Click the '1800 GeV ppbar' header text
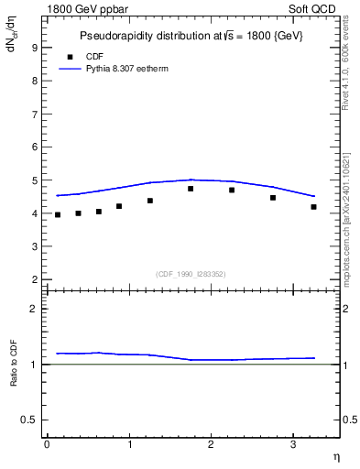pyautogui.click(x=85, y=10)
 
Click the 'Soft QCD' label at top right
pyautogui.click(x=314, y=10)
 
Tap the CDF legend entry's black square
pyautogui.click(x=70, y=56)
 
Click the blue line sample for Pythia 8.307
pyautogui.click(x=70, y=69)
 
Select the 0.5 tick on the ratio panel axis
pyautogui.click(x=29, y=420)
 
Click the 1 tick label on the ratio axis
pyautogui.click(x=34, y=365)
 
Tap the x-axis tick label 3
pyautogui.click(x=292, y=444)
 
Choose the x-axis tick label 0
pyautogui.click(x=47, y=444)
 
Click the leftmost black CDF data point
pyautogui.click(x=57, y=214)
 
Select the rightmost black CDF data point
pyautogui.click(x=313, y=207)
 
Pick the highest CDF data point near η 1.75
pyautogui.click(x=191, y=189)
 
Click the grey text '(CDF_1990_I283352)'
pyautogui.click(x=191, y=273)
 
